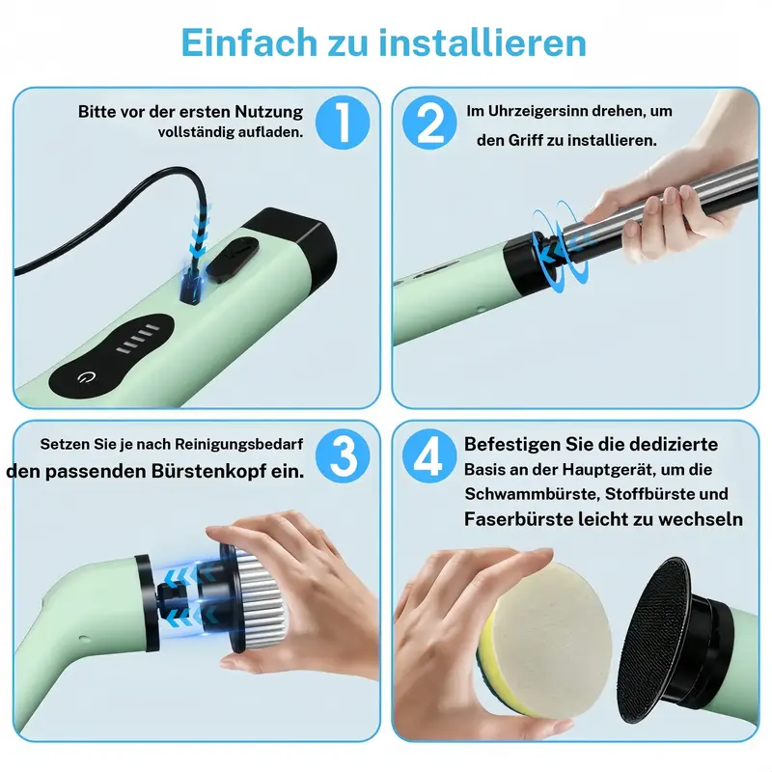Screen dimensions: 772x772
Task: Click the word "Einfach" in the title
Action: [x=250, y=42]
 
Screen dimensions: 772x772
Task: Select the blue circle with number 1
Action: [x=343, y=123]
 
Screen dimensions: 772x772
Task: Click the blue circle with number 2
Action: [x=429, y=123]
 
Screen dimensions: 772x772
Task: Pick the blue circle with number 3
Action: [x=343, y=455]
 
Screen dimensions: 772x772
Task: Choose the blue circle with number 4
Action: [x=429, y=455]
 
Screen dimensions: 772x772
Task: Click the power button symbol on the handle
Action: [x=87, y=377]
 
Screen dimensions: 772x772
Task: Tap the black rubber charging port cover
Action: [x=233, y=259]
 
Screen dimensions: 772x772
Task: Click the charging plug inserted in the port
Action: [x=190, y=286]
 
